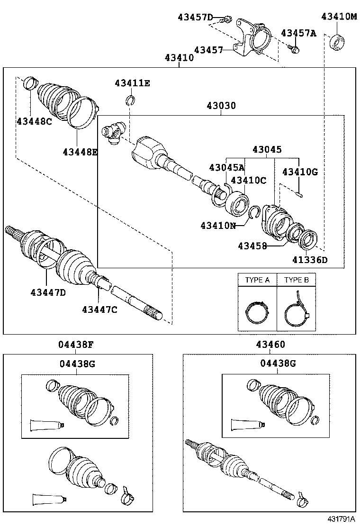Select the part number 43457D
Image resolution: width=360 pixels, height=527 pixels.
tap(195, 18)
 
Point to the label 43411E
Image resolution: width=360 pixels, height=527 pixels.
tap(132, 83)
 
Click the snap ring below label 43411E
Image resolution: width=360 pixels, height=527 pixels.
tap(131, 100)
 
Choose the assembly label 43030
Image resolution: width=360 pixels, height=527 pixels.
tap(221, 106)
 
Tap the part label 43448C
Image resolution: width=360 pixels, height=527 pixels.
tap(34, 121)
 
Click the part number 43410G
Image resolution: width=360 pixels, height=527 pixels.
tap(300, 172)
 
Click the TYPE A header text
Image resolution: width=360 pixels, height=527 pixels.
tap(257, 280)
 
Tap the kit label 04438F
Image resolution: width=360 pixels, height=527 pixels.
tap(76, 345)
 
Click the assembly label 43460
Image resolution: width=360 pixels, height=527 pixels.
tap(270, 345)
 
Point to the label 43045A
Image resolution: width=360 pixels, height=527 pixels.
tap(227, 167)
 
